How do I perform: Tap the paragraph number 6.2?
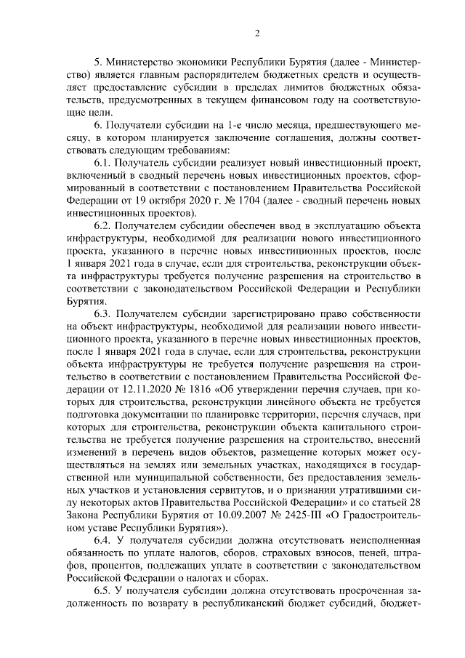[x=105, y=227]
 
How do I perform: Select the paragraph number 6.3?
[x=105, y=315]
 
